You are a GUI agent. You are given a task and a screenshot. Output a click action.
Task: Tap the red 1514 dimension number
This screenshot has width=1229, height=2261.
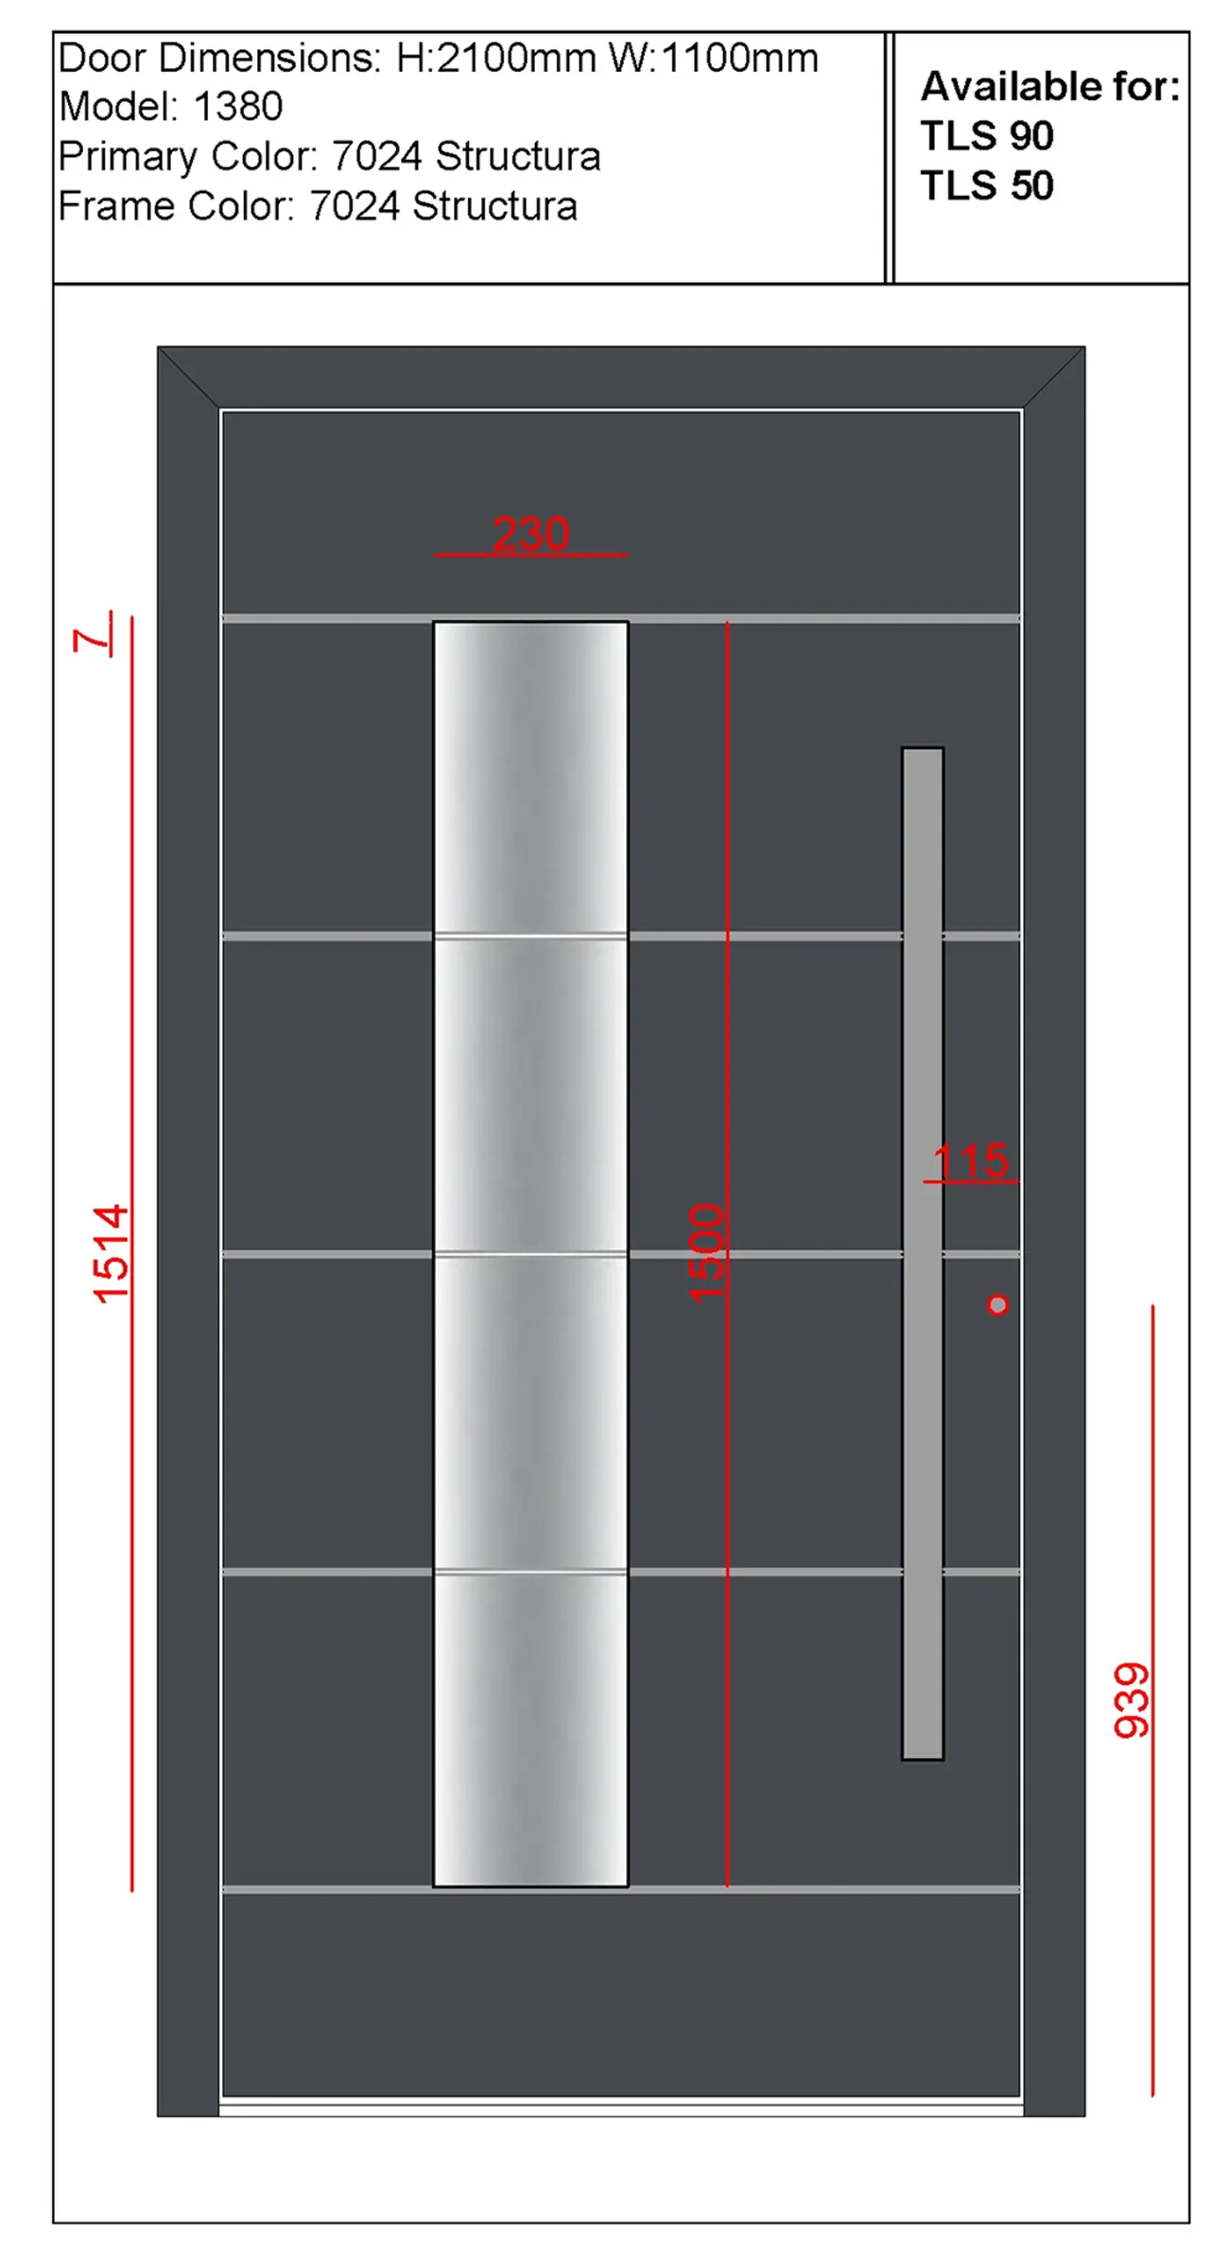111,1254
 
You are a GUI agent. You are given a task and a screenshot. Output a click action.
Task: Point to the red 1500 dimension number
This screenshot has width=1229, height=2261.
706,1254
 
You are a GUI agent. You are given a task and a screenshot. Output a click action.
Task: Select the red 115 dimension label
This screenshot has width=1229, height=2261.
971,1160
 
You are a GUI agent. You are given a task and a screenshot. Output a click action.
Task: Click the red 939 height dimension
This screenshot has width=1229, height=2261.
1132,1701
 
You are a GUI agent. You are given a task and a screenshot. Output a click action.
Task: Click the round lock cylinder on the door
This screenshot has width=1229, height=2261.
997,1305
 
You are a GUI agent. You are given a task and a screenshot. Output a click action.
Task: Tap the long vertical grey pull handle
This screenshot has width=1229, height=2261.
923,1254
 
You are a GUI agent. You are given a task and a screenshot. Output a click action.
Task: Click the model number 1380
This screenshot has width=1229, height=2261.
238,107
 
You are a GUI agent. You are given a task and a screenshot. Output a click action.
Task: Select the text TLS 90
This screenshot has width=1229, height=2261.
987,136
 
